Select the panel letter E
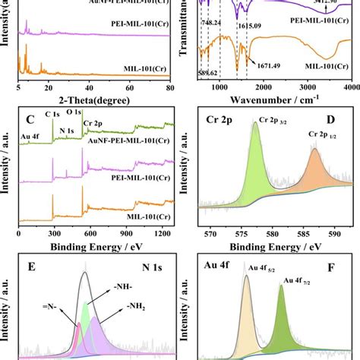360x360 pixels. click(28, 267)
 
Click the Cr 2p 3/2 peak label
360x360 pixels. click(267, 120)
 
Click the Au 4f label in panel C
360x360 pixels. click(30, 138)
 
